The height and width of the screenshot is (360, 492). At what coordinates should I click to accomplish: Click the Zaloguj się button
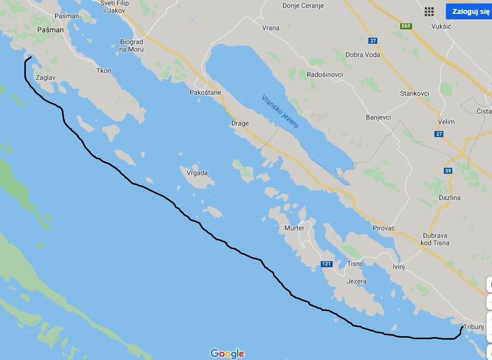tap(468, 11)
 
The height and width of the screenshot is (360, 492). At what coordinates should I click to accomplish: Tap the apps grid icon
tap(429, 12)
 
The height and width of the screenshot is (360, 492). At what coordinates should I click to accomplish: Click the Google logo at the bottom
tap(227, 354)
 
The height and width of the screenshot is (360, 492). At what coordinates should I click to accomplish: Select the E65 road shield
tap(407, 26)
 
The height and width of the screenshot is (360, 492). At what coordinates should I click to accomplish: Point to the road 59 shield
tap(448, 171)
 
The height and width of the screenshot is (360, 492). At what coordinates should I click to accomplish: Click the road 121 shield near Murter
tap(326, 264)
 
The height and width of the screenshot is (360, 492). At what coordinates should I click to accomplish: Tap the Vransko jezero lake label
tap(280, 111)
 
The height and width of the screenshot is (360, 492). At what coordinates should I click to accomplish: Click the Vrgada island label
tap(197, 173)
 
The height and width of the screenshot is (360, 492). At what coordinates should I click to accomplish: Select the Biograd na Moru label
tap(132, 46)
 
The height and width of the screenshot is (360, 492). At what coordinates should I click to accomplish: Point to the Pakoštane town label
tap(205, 92)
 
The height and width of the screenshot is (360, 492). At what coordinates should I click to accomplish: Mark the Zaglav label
tap(45, 78)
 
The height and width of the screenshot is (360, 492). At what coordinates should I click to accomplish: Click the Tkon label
tap(104, 71)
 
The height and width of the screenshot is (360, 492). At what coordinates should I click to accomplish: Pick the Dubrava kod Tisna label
tap(435, 239)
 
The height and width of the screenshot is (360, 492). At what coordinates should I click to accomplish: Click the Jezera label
tap(357, 281)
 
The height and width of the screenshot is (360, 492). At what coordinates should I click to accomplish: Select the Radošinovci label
tap(325, 74)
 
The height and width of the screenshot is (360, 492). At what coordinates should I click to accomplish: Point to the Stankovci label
tap(415, 93)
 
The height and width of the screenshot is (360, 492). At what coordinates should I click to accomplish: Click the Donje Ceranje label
tap(303, 6)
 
